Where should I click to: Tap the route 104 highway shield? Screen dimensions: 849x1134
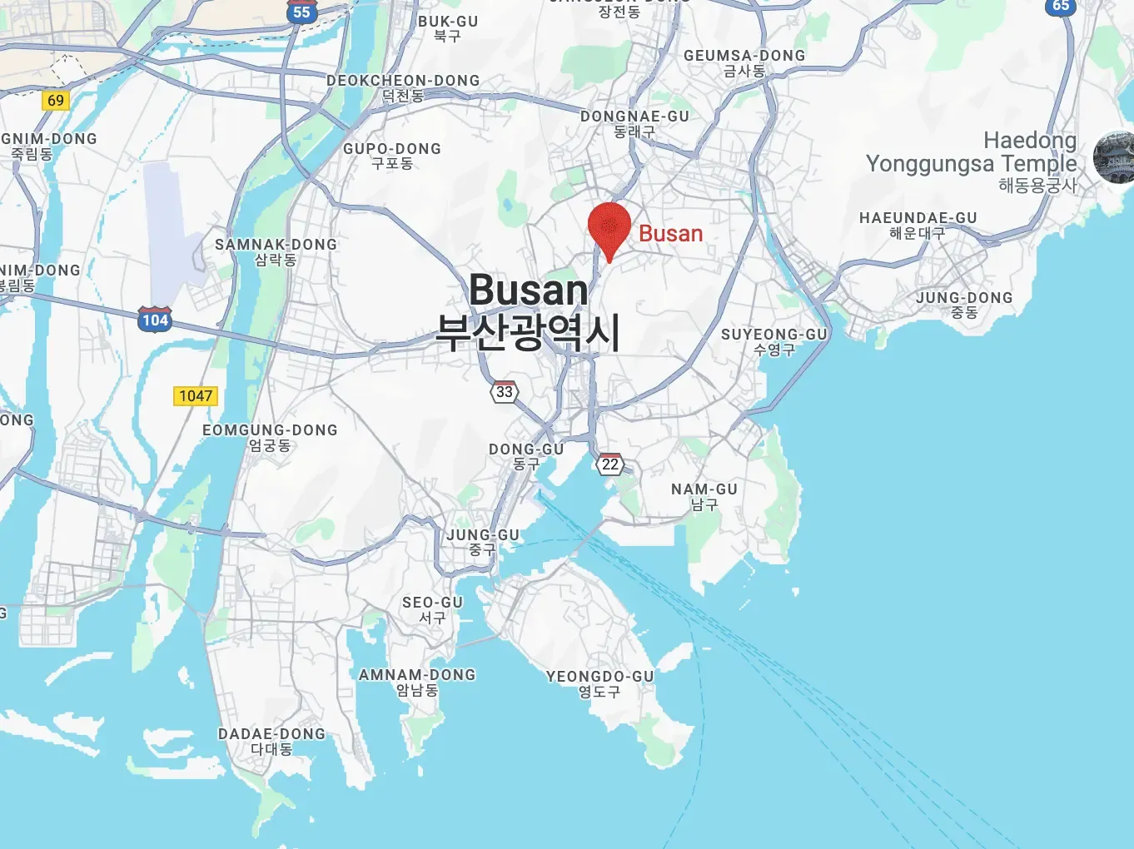click(x=155, y=320)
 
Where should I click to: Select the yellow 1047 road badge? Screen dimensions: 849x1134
click(x=196, y=396)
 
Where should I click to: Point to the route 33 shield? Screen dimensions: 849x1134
click(x=505, y=392)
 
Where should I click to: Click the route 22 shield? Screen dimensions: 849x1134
click(x=610, y=464)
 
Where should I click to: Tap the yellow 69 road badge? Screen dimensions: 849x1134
click(x=56, y=101)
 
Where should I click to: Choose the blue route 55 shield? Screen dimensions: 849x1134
click(x=301, y=12)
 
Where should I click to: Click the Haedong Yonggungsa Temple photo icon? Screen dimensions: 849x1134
click(x=1114, y=156)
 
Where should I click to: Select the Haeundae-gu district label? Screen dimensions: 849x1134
click(x=918, y=225)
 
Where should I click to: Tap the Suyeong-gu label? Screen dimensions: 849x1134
click(x=773, y=341)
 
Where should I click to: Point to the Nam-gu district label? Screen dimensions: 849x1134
click(x=704, y=496)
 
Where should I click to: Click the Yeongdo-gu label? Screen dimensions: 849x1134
click(x=599, y=683)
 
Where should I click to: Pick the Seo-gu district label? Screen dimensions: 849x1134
click(x=432, y=609)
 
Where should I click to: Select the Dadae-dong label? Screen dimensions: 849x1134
click(x=271, y=741)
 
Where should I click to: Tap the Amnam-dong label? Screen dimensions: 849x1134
click(x=417, y=682)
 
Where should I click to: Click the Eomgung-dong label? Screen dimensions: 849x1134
click(x=270, y=437)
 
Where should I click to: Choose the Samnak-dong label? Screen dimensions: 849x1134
click(x=276, y=251)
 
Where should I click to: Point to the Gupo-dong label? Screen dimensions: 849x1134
click(x=392, y=156)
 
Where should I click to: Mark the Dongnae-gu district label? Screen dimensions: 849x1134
click(x=634, y=123)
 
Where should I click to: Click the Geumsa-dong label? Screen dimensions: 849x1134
click(x=744, y=63)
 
